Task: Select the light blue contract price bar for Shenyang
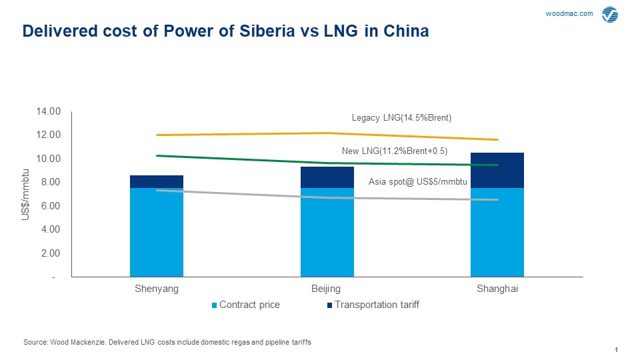157,232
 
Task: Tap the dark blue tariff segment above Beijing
327,177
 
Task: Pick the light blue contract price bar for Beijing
327,232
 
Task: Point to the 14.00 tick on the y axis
51,111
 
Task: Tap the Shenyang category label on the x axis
157,289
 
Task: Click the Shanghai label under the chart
497,289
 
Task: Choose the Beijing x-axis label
326,289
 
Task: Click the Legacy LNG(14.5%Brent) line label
401,118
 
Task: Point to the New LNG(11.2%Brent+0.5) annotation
394,151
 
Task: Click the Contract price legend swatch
215,305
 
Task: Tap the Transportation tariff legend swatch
329,305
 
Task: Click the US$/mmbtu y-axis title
26,194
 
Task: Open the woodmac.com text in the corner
569,14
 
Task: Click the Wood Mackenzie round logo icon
609,15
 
